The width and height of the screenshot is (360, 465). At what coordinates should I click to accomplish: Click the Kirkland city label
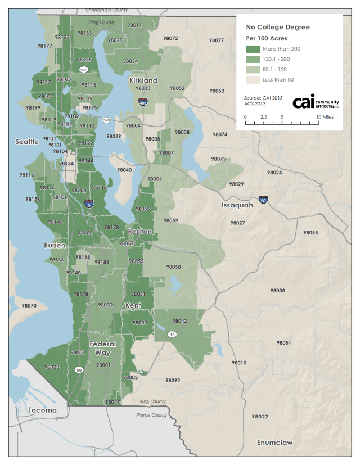(x=143, y=80)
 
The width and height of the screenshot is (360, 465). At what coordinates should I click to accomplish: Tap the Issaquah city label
(x=237, y=205)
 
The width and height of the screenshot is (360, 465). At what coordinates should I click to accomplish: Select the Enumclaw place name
(x=274, y=443)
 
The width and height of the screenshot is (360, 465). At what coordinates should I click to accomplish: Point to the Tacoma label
(x=43, y=410)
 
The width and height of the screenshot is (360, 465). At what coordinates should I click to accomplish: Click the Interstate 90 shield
(x=264, y=199)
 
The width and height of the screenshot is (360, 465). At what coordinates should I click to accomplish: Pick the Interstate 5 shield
(x=89, y=205)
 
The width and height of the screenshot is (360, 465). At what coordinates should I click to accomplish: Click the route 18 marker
(x=172, y=334)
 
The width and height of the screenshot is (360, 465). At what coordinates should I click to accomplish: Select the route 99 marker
(x=79, y=369)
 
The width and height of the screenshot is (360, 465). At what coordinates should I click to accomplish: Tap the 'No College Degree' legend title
(x=278, y=27)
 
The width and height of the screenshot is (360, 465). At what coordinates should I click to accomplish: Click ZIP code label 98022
(x=260, y=417)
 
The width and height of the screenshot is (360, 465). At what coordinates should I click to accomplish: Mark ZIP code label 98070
(x=29, y=305)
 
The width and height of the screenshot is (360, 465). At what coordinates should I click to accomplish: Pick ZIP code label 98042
(x=179, y=320)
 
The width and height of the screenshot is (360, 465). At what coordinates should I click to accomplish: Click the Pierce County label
(x=151, y=415)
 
